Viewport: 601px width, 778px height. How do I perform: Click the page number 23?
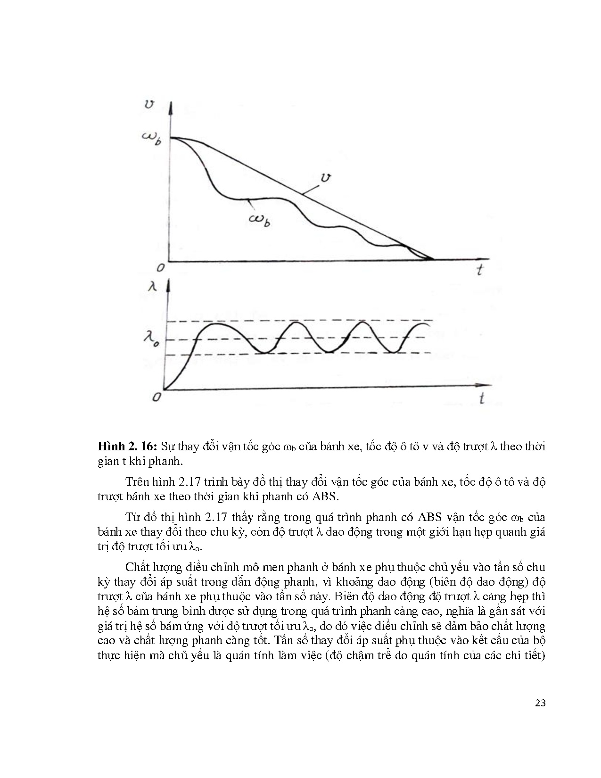tap(540, 703)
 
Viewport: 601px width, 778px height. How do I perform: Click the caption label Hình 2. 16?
tap(127, 447)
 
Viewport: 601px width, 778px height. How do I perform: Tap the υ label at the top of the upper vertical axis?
tap(149, 105)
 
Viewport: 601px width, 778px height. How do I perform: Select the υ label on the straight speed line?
tap(325, 178)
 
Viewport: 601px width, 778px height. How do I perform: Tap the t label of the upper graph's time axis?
tap(479, 270)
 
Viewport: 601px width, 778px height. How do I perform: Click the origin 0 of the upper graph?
tap(161, 267)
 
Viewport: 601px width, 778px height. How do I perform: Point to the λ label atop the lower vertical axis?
tap(152, 286)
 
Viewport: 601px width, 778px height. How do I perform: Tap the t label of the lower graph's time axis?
tap(481, 398)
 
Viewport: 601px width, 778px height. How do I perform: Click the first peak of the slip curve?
tap(215, 324)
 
